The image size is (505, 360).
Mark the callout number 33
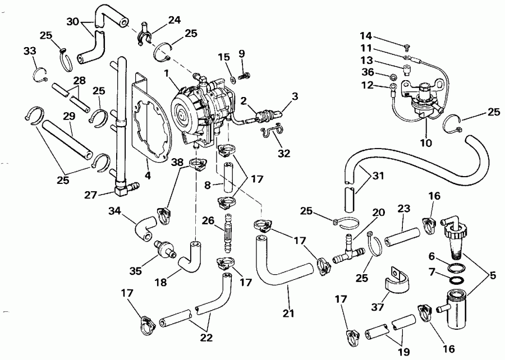(x=30, y=52)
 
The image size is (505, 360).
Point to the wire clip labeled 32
(x=272, y=133)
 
